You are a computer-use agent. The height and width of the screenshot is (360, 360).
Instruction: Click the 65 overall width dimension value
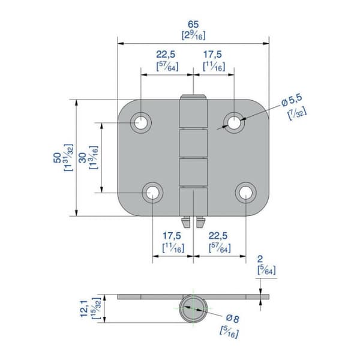pos(193,24)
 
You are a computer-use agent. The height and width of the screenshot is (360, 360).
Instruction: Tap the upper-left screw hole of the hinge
pos(141,122)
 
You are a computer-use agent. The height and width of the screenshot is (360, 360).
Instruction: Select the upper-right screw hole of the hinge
pos(234,122)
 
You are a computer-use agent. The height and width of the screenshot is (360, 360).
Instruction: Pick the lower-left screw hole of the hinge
pos(152,193)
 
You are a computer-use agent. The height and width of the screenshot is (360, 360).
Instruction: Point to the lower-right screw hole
pos(245,193)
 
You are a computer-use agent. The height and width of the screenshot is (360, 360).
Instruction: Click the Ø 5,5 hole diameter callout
pos(292,100)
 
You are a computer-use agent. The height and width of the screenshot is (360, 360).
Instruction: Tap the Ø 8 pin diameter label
pos(233,319)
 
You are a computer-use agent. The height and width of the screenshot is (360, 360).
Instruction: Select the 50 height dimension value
pos(57,158)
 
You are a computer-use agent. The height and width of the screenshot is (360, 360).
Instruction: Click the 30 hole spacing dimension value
pos(82,158)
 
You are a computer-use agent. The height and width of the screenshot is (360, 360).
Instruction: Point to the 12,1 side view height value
pos(84,309)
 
